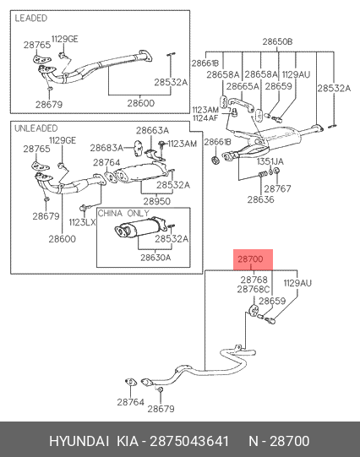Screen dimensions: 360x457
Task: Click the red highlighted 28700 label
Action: [x=250, y=258]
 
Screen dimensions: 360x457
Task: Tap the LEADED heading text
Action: [x=31, y=18]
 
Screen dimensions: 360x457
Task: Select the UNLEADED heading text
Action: [x=36, y=128]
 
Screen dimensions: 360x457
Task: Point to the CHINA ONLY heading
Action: [x=123, y=213]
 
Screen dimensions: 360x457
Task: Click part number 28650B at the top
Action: [x=277, y=41]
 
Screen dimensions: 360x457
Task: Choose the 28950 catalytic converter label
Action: [x=157, y=201]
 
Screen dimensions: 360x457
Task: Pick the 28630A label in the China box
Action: [x=155, y=258]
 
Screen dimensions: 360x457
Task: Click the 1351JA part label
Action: [x=270, y=161]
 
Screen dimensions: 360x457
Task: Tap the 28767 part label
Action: [x=277, y=188]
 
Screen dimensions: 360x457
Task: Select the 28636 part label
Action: [x=260, y=199]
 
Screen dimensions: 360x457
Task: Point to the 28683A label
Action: [x=106, y=148]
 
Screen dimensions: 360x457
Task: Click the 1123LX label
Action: [x=82, y=222]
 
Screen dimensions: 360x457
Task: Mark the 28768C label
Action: [x=254, y=290]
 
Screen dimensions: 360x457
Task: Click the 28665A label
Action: [x=243, y=86]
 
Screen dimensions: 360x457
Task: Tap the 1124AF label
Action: [x=205, y=118]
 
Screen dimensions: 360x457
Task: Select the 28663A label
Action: [x=152, y=130]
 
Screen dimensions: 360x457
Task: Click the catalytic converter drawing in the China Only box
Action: [x=139, y=227]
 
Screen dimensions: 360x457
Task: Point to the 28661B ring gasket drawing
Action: [x=215, y=160]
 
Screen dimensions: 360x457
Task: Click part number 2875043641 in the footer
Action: [x=189, y=441]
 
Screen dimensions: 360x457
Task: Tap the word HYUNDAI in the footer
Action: [x=79, y=441]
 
